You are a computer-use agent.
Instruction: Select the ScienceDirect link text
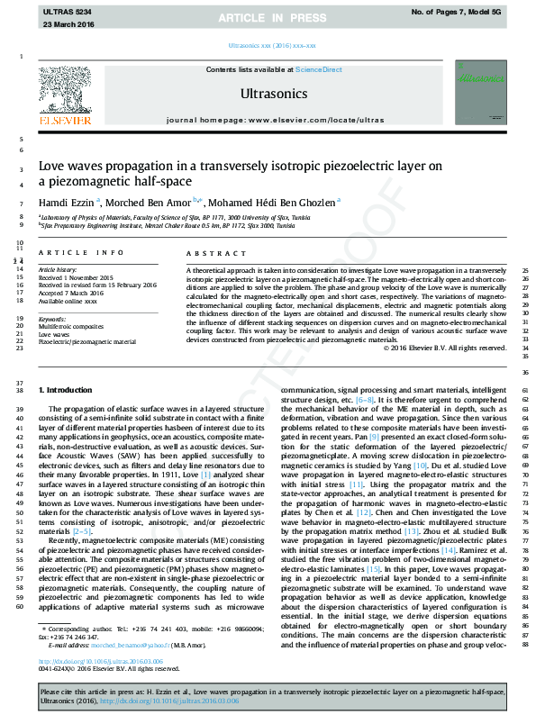coord(320,69)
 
